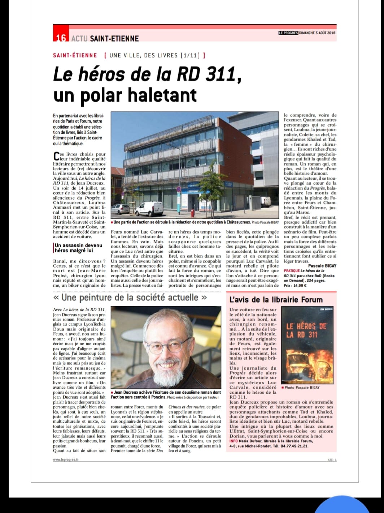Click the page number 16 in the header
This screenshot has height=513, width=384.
61,38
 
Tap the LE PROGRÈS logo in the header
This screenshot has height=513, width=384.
288,33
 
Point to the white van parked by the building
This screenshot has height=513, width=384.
149,209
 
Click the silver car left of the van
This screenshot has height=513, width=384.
120,209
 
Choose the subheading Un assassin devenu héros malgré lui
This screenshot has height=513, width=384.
79,248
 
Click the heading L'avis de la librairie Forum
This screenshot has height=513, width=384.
276,300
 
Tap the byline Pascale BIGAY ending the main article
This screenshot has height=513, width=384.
322,266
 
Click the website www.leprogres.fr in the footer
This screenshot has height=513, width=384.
66,459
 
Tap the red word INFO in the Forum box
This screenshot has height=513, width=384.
233,441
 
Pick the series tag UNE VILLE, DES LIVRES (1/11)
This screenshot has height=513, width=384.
154,55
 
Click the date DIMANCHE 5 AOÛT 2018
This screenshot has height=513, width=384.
317,33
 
